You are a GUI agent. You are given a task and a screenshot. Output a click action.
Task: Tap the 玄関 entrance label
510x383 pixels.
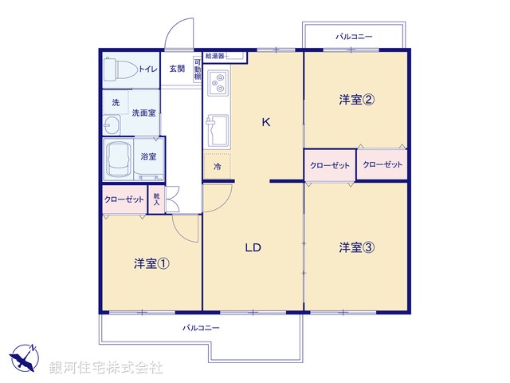click(176, 69)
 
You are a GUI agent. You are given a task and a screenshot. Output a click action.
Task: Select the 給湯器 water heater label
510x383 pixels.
click(216, 56)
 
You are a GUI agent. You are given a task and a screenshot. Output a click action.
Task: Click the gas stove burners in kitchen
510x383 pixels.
click(218, 81)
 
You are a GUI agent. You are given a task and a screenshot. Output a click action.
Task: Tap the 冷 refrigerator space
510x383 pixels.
click(218, 168)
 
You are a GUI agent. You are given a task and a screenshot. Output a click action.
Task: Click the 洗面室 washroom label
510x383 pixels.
click(143, 113)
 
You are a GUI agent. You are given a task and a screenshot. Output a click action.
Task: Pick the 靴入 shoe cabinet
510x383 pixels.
click(157, 199)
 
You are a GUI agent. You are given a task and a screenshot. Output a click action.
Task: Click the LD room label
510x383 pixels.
click(253, 247)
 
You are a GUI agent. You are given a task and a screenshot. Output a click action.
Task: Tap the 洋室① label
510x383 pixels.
click(149, 263)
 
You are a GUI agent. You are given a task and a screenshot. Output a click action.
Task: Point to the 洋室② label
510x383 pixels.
click(356, 101)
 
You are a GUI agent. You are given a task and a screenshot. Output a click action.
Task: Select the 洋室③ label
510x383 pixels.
click(356, 247)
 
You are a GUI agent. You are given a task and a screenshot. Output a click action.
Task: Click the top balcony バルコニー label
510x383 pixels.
click(354, 37)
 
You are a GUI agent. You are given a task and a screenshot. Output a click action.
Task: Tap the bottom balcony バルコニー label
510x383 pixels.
click(201, 328)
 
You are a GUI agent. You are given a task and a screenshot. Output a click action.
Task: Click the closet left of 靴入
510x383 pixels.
click(124, 199)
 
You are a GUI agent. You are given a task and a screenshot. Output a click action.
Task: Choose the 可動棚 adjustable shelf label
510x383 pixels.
click(197, 69)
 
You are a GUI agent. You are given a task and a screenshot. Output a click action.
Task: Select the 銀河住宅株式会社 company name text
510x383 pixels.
click(106, 367)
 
